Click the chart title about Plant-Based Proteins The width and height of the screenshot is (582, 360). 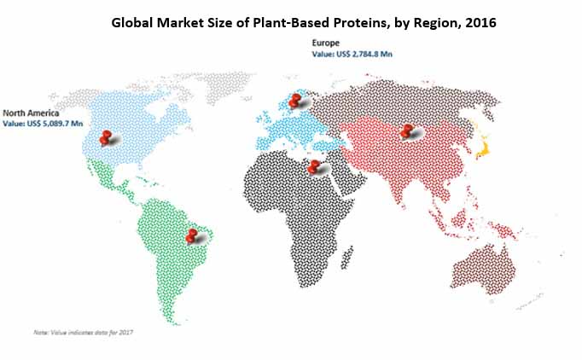tap(304, 23)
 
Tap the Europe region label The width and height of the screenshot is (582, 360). tap(325, 43)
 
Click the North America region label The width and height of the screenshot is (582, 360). tap(31, 113)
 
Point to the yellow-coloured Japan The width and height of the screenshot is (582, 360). tap(481, 146)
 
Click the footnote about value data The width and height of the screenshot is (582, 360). tap(83, 332)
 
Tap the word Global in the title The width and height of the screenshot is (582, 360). tap(131, 23)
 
